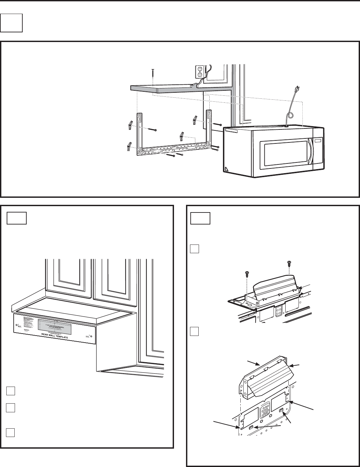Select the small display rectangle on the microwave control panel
tap(319, 141)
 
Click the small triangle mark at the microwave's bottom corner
tap(226, 169)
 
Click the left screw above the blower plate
tap(247, 275)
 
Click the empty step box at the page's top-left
tap(11, 23)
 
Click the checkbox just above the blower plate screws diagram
tap(194, 249)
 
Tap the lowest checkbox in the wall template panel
tap(10, 432)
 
